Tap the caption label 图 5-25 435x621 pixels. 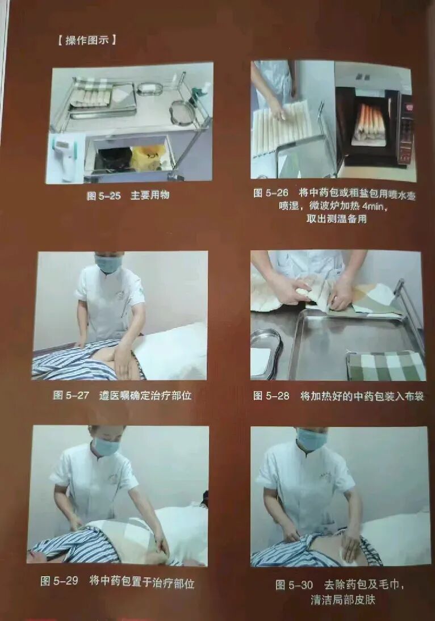point(103,196)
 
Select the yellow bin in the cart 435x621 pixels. point(148,157)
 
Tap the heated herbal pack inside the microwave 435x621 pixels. point(369,122)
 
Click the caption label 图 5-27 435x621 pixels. point(71,395)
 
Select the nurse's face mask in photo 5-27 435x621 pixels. point(108,264)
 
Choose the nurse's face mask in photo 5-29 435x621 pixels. point(106,446)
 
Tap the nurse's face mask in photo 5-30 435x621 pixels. point(311,440)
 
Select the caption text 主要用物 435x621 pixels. point(150,196)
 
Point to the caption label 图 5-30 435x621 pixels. point(294,585)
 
